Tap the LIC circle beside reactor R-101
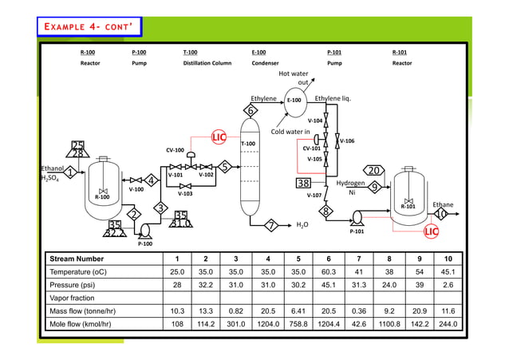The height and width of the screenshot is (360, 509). [432, 231]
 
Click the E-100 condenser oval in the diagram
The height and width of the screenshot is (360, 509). [294, 101]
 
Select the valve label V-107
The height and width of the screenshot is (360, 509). [314, 195]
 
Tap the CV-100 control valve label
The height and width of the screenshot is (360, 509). [175, 149]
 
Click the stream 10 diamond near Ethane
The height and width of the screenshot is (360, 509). [440, 214]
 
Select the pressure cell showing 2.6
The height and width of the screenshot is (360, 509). [448, 285]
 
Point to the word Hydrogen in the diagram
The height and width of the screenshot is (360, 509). [350, 183]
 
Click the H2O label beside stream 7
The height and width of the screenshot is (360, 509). [302, 225]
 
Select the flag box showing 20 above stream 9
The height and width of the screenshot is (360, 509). [377, 170]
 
